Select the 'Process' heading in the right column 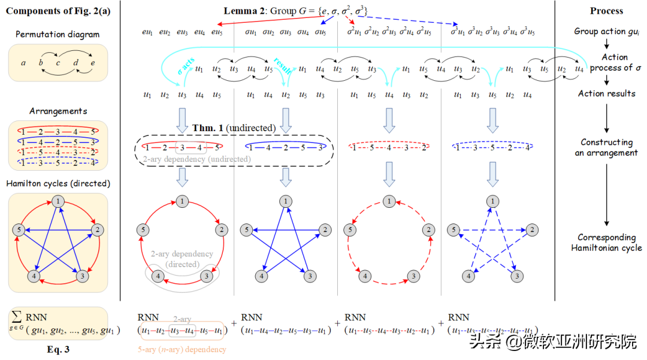point(606,11)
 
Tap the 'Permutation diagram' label point(58,35)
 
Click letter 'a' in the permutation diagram point(23,62)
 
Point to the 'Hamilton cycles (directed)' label point(58,183)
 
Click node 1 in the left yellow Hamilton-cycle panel point(58,202)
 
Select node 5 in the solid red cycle point(143,229)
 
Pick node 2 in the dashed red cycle point(428,229)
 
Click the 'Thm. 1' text point(207,128)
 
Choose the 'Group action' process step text point(606,31)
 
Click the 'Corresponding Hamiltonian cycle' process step point(606,242)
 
